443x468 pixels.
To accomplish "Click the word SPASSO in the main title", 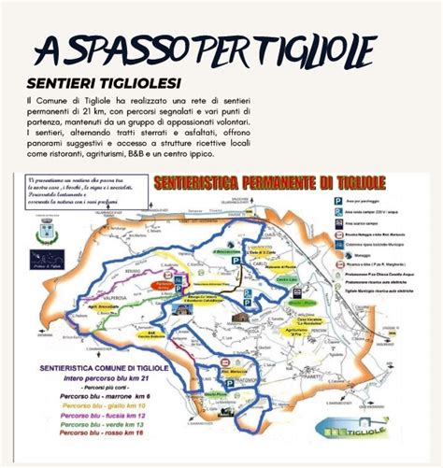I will (x=130, y=47).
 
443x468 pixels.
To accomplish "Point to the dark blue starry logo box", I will (x=47, y=259).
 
